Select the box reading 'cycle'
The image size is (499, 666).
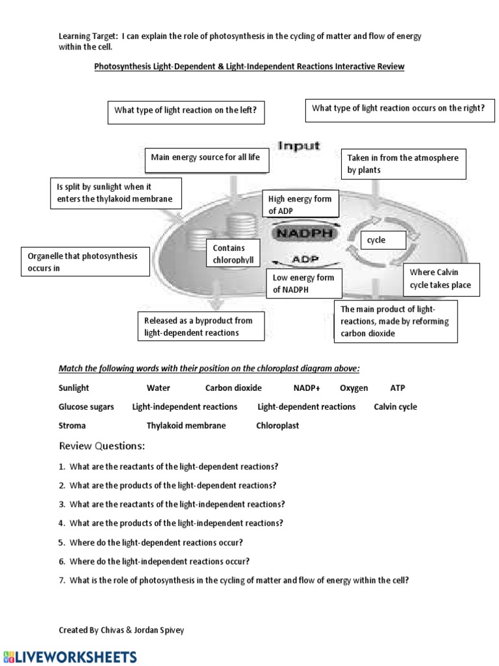pyautogui.click(x=383, y=240)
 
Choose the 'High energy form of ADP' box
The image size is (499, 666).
pyautogui.click(x=300, y=206)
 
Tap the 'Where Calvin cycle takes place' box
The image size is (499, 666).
pyautogui.click(x=441, y=278)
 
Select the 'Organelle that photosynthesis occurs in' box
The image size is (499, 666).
pyautogui.click(x=85, y=262)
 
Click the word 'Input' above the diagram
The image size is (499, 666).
pyautogui.click(x=300, y=146)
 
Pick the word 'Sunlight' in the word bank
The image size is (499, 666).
pyautogui.click(x=74, y=388)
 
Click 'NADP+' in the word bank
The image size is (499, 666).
pyautogui.click(x=307, y=388)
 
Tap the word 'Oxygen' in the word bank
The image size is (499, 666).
pyautogui.click(x=353, y=388)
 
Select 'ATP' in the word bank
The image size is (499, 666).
pyautogui.click(x=398, y=388)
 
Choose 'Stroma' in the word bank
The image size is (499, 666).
pyautogui.click(x=72, y=426)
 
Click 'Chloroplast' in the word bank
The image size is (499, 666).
pyautogui.click(x=277, y=426)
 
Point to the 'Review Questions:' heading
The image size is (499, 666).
pyautogui.click(x=102, y=446)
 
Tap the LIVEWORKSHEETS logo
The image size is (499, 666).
pyautogui.click(x=69, y=657)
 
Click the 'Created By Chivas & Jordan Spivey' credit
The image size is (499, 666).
pyautogui.click(x=122, y=630)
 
